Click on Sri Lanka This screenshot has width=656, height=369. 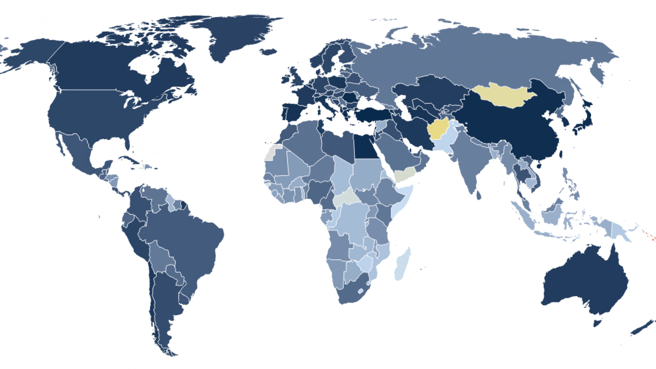479,195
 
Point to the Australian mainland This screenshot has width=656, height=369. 583,283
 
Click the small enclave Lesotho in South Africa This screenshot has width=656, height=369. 361,291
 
